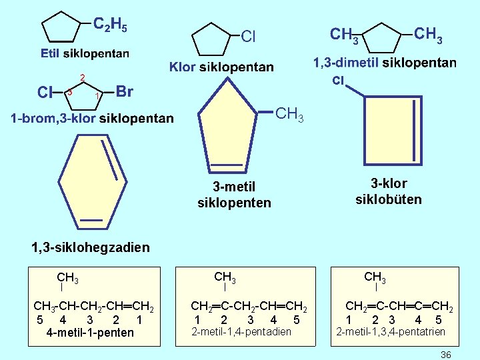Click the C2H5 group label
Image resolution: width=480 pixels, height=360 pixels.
pyautogui.click(x=110, y=25)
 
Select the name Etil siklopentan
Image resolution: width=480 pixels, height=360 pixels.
pyautogui.click(x=85, y=53)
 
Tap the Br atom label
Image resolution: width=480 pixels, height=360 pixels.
pyautogui.click(x=124, y=91)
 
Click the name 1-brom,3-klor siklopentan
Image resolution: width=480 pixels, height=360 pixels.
pyautogui.click(x=92, y=119)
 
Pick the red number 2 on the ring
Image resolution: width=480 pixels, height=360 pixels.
pyautogui.click(x=83, y=77)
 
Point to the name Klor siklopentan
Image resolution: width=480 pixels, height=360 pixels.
pyautogui.click(x=222, y=67)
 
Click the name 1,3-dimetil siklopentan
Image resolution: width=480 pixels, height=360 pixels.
pyautogui.click(x=385, y=63)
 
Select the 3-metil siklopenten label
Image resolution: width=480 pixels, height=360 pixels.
pyautogui.click(x=234, y=193)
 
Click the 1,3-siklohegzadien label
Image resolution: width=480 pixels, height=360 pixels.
pyautogui.click(x=91, y=247)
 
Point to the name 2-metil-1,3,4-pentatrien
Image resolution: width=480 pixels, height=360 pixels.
pyautogui.click(x=391, y=331)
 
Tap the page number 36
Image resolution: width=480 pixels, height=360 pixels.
pyautogui.click(x=446, y=355)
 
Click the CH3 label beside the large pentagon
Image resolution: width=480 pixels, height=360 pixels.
pyautogui.click(x=289, y=115)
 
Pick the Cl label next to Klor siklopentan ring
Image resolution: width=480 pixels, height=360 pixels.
pyautogui.click(x=248, y=37)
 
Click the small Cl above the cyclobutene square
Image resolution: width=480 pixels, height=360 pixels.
pyautogui.click(x=338, y=81)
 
